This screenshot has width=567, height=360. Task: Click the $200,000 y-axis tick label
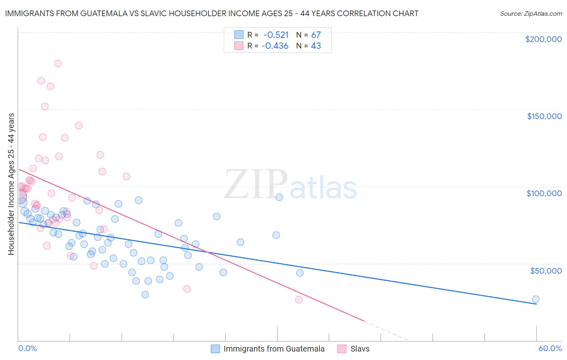pos(543,39)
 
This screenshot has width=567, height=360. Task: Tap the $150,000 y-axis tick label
pos(544,116)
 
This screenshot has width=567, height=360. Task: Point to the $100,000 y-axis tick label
pos(544,193)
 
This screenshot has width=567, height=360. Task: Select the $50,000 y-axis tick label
pos(546,271)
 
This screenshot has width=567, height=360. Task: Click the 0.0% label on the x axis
pos(27,348)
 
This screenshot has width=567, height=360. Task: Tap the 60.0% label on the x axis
pos(550,348)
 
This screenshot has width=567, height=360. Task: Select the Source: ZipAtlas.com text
pos(531,13)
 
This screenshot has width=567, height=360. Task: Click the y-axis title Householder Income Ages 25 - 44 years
pos(11,184)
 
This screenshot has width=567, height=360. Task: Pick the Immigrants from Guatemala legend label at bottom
pos(274,349)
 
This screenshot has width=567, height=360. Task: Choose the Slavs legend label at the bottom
pos(360,349)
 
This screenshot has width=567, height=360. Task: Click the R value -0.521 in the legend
pos(276,35)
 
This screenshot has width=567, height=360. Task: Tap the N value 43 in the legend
pos(316,46)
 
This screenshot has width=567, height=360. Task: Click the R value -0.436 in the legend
pos(275,46)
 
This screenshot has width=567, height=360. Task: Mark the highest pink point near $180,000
pos(58,63)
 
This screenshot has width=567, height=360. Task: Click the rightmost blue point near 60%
pos(536,299)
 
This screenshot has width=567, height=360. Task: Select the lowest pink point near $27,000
pos(299,299)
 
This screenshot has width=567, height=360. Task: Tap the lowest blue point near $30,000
pos(145,295)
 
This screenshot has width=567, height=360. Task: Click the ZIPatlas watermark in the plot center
pos(290,185)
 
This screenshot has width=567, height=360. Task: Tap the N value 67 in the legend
pos(316,35)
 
